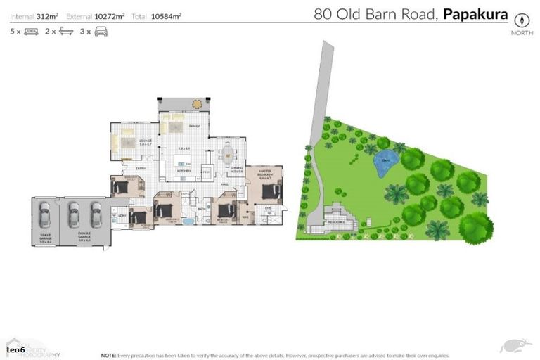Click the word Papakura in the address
(x=475, y=13)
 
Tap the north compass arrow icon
(x=522, y=19)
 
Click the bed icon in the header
(x=31, y=32)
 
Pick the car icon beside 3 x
(x=101, y=32)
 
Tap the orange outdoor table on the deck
(x=196, y=104)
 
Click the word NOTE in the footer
(x=108, y=355)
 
